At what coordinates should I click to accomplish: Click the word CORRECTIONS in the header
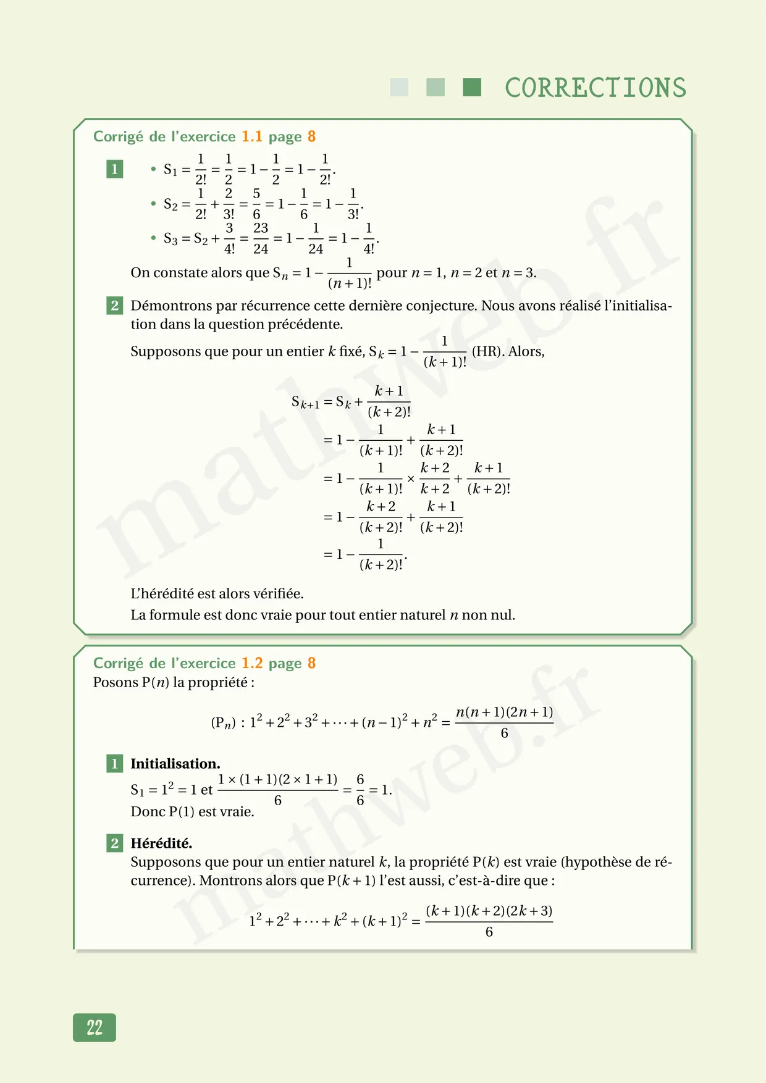point(596,88)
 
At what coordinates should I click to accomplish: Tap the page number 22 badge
point(95,1027)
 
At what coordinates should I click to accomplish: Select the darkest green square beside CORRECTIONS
point(472,87)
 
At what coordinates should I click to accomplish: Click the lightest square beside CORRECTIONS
point(399,87)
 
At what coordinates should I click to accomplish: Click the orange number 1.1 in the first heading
point(251,136)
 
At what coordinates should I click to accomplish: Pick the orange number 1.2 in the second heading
point(251,663)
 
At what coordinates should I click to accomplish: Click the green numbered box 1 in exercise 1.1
point(114,169)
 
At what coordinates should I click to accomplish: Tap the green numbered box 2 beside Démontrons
point(114,305)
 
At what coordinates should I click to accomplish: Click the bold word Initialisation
point(175,764)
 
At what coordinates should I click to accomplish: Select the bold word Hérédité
point(161,843)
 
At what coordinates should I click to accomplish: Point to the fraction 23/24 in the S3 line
point(261,238)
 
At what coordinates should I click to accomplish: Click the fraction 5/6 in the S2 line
point(256,204)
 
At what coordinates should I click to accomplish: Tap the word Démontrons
point(164,306)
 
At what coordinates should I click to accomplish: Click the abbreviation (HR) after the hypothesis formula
point(486,351)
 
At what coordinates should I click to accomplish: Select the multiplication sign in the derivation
point(411,479)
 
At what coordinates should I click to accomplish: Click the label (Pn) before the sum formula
point(223,722)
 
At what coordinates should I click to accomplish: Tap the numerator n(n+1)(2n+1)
point(504,713)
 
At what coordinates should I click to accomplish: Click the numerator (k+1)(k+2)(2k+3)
point(489,911)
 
